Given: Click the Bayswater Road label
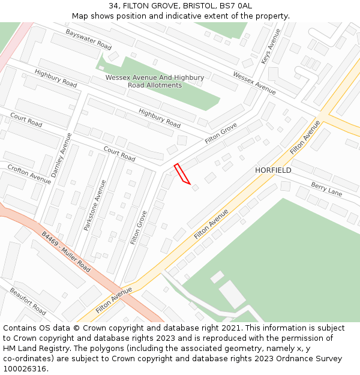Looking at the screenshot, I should tap(89, 40).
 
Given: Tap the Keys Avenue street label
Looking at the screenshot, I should tap(267, 46).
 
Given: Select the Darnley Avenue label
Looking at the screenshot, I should tap(62, 155).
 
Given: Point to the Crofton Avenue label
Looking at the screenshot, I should tap(29, 173).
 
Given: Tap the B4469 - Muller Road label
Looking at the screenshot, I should tap(66, 252).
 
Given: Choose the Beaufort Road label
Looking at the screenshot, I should tap(28, 301).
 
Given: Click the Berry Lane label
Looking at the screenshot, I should tap(326, 190).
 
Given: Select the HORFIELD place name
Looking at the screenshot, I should tap(273, 170).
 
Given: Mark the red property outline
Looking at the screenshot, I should tap(182, 173).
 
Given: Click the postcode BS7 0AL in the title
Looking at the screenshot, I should tap(235, 6).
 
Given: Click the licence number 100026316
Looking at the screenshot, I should tap(25, 368).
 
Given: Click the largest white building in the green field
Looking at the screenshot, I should tap(232, 294).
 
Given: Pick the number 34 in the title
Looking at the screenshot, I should tap(113, 6).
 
